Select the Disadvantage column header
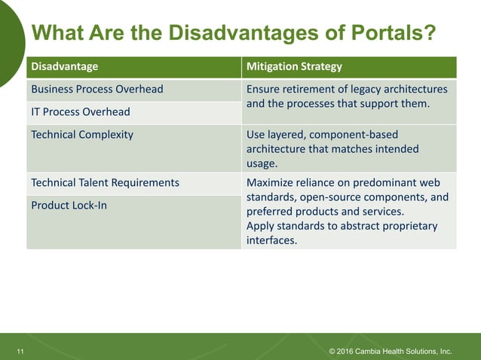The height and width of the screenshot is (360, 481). point(64,66)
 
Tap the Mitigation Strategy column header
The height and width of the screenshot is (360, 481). point(294,66)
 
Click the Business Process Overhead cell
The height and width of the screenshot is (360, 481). point(97,89)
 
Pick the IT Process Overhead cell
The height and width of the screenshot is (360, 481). point(80,111)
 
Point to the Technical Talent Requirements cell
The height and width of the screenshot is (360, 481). point(105,182)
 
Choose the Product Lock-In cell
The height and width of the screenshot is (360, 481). point(69,205)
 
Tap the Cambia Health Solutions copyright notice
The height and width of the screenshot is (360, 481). point(391,351)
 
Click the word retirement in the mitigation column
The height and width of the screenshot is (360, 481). point(311,89)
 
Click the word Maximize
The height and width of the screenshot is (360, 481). point(272,182)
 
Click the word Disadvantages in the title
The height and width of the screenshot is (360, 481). point(252,34)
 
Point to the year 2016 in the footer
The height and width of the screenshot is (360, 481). point(348,351)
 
